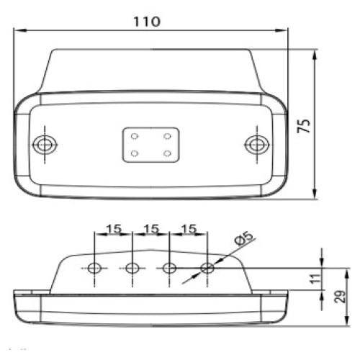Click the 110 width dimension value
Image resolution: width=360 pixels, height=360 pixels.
[146, 21]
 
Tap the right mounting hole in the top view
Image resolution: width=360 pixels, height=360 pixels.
[255, 144]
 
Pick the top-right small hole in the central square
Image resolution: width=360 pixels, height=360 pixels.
[167, 135]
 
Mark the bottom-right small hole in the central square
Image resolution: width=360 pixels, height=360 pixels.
[167, 153]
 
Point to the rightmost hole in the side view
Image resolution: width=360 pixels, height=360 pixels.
[207, 269]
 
